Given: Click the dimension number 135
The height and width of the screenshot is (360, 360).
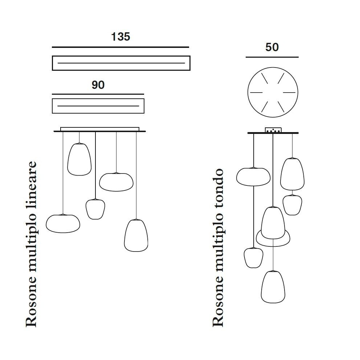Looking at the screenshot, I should coord(120,37).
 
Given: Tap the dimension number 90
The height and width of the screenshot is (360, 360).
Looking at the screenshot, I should coord(98,85).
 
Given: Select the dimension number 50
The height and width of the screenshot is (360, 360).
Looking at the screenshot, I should coord(272,47).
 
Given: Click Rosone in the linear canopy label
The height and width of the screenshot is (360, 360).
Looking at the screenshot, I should coord(32,306).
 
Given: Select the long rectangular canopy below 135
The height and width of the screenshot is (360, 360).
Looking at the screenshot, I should coord(121,63).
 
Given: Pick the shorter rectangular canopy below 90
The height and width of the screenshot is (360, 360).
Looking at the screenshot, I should coord(98,106).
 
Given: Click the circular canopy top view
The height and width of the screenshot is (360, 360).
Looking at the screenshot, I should coord(273,92).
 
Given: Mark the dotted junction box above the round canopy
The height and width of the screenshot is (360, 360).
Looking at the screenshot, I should coord(273,130).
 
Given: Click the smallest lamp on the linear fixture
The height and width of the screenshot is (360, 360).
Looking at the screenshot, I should coord(95,209).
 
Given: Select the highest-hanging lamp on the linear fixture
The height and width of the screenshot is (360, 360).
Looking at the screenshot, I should coord(79,159).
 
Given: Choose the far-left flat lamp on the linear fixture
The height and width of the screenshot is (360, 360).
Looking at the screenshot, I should coord(63,223).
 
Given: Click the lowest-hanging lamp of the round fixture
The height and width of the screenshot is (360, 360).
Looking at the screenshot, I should coord(273,287).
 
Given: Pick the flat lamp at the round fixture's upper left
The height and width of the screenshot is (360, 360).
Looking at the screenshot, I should coord(253,176).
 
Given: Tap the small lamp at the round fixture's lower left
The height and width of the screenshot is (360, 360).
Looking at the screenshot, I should coord(253,258).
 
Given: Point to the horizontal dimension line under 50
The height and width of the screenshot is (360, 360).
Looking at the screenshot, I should coord(272,57).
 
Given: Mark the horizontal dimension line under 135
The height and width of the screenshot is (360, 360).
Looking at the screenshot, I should coord(120,47).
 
